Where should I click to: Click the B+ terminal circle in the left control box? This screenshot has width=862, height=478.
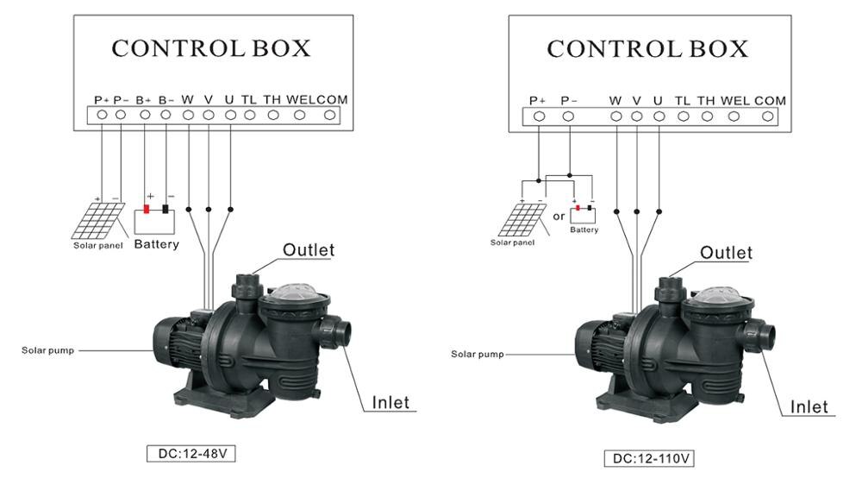point(145,115)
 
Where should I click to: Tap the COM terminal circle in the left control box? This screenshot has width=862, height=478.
point(329,115)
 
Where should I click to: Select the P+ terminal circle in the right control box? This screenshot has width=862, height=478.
point(539,116)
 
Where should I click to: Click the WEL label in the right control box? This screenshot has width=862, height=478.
point(734,101)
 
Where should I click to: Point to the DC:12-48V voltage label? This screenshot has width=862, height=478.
point(191,454)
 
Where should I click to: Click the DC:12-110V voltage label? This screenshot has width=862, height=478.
point(649,458)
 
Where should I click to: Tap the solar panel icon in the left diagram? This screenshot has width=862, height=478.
point(98,221)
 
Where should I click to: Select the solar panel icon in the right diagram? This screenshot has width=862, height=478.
point(522,219)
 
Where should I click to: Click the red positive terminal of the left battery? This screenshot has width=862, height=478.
point(147,209)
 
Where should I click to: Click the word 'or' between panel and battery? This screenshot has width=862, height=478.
point(559,217)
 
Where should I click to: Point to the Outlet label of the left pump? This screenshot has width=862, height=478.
point(309,249)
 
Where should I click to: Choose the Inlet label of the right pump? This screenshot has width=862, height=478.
point(809,406)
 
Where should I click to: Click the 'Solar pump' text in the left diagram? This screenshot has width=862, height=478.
point(47,350)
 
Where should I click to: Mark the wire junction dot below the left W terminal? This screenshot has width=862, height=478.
point(189,210)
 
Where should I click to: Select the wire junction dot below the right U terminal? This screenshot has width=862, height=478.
point(659,211)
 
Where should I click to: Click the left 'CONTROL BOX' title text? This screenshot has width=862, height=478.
point(211,48)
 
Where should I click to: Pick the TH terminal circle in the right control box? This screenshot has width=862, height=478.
point(707,116)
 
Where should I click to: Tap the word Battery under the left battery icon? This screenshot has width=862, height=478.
point(157,244)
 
